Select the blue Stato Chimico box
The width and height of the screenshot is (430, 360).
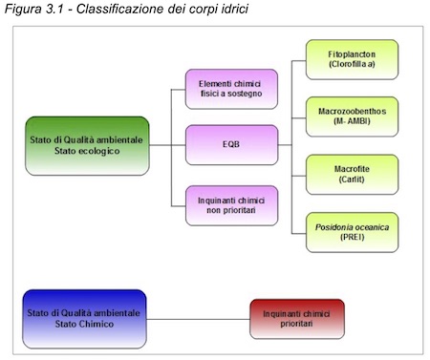point(84,318)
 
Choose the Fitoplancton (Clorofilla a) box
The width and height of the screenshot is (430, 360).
point(351,59)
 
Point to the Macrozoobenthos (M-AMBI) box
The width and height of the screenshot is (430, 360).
point(351,116)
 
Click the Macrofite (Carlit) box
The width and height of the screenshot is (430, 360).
point(351,174)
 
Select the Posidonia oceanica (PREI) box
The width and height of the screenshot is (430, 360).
point(351,232)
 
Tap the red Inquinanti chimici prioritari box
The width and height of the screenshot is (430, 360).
point(296,318)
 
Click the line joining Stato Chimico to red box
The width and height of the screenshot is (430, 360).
point(198,318)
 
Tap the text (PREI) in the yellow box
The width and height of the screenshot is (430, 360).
point(351,239)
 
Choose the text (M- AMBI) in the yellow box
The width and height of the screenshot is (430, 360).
point(351,123)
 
